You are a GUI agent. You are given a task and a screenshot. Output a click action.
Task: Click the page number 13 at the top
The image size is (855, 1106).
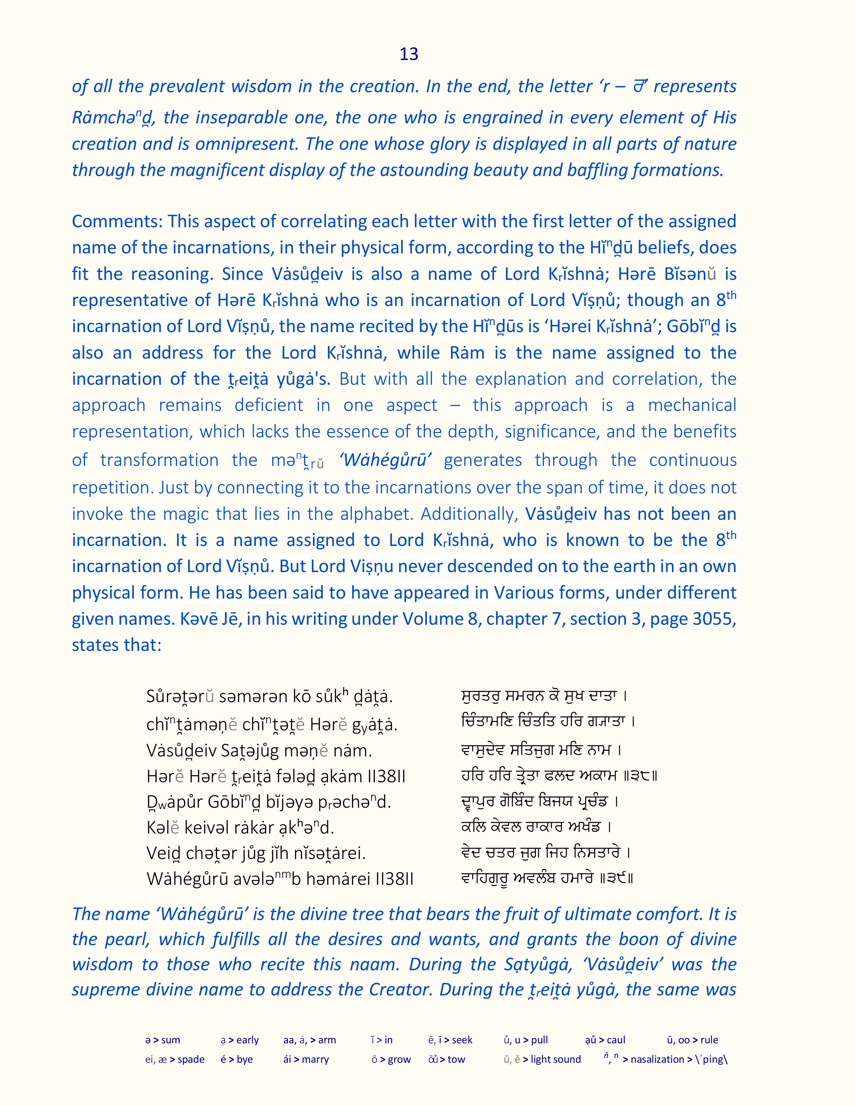409,54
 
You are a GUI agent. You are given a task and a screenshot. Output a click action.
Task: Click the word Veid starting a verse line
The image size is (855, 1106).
162,853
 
